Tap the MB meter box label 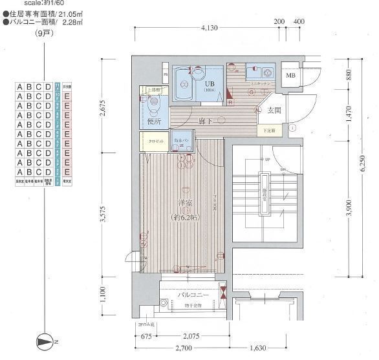(x=291, y=76)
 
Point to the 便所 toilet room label (x=154, y=121)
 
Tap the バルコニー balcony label (x=193, y=295)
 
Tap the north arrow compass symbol (x=45, y=341)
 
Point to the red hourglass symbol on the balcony (x=222, y=291)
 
